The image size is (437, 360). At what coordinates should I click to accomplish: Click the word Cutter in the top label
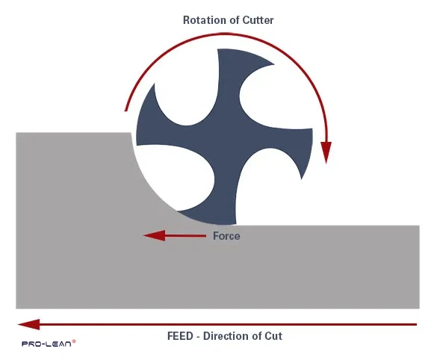pos(256,20)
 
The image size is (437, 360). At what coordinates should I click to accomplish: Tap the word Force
pos(226,235)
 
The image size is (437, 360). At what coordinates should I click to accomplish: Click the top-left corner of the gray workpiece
pos(16,133)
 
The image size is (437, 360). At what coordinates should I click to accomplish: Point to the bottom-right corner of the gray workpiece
pos(420,308)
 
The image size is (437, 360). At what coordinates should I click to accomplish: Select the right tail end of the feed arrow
pos(416,324)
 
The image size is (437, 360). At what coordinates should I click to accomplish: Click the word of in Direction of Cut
pos(258,336)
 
